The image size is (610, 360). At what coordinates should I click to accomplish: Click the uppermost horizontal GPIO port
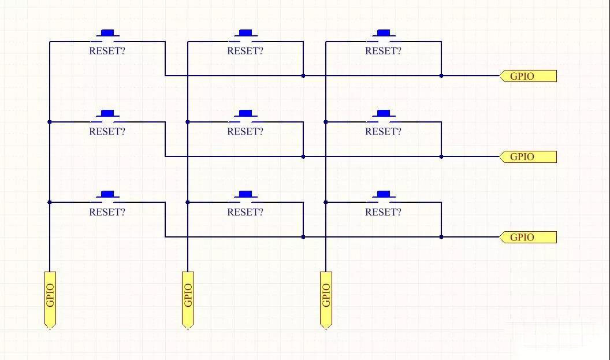(528, 76)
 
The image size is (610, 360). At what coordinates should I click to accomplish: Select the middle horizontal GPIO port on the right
(528, 157)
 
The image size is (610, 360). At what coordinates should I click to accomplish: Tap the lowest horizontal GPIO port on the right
(528, 237)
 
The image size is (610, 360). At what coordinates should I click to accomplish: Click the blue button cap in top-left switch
(107, 32)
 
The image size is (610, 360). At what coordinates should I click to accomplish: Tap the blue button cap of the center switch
(246, 113)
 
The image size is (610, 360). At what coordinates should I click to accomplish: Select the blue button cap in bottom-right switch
(383, 194)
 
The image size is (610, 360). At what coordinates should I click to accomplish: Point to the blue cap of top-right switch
(383, 32)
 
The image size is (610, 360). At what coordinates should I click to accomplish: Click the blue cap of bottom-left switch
(107, 194)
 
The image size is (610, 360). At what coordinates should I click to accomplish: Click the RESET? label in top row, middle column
(245, 51)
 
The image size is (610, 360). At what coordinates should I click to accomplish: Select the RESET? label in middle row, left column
(107, 131)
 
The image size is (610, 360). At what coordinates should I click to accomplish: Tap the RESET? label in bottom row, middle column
(245, 212)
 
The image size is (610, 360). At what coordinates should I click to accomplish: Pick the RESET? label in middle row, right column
(383, 131)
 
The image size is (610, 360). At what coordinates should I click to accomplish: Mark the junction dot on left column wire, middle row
(50, 122)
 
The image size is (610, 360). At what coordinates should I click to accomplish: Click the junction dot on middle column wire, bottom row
(188, 202)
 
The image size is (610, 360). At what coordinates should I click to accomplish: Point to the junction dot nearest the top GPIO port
(441, 76)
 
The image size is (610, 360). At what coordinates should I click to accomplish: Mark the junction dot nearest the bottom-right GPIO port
(441, 237)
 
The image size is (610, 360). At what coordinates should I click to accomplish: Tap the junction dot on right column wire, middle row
(326, 122)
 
